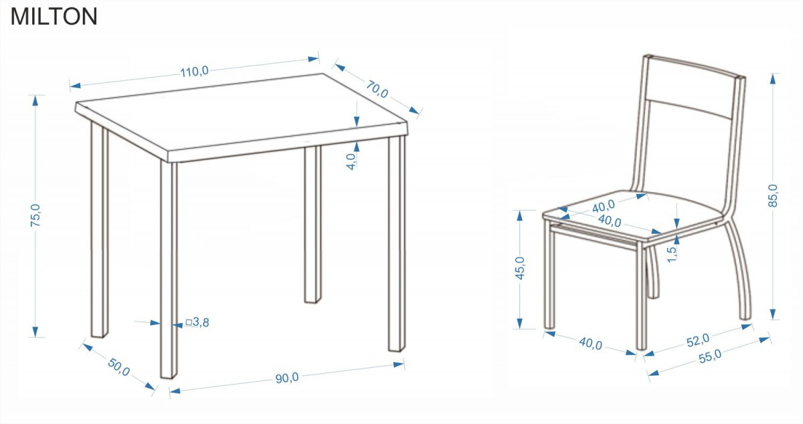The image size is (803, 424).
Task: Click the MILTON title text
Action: [54, 17]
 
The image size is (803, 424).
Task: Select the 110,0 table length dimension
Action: [194, 72]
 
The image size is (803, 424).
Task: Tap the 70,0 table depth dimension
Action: [377, 89]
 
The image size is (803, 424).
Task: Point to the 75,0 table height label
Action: [35, 215]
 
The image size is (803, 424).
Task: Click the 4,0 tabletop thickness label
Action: [351, 161]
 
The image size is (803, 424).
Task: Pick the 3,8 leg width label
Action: [201, 322]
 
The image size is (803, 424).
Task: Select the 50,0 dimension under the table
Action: [118, 367]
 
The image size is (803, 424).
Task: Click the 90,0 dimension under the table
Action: [287, 378]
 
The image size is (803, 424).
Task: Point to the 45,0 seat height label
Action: [519, 268]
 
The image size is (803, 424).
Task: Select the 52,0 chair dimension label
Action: [697, 340]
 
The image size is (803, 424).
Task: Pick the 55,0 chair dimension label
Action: [710, 356]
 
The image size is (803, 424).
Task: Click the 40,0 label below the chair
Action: [590, 343]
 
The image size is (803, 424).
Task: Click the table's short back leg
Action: [313, 224]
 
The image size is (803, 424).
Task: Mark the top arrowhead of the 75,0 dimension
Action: [35, 101]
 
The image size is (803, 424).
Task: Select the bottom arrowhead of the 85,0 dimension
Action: [773, 314]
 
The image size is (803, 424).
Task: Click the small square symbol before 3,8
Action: [189, 322]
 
